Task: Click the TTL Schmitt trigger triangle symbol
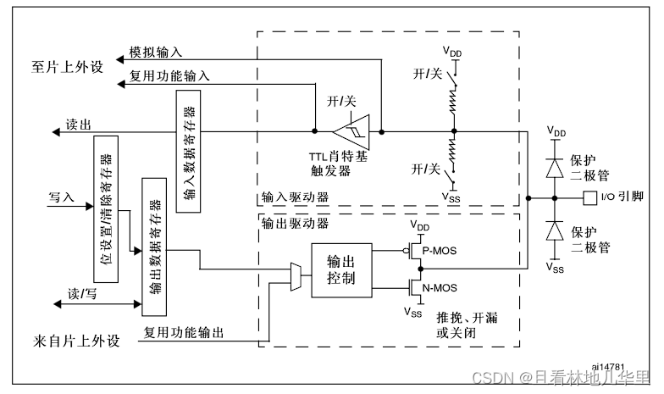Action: coord(350,132)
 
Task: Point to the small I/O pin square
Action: coord(589,197)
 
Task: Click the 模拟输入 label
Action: coord(155,53)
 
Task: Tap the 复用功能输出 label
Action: coord(184,333)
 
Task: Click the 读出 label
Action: coord(79,124)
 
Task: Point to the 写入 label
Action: coord(63,197)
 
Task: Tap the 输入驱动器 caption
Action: coord(295,197)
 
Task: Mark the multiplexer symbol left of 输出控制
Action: coord(295,271)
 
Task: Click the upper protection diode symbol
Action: coord(556,167)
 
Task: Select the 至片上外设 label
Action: coord(67,66)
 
